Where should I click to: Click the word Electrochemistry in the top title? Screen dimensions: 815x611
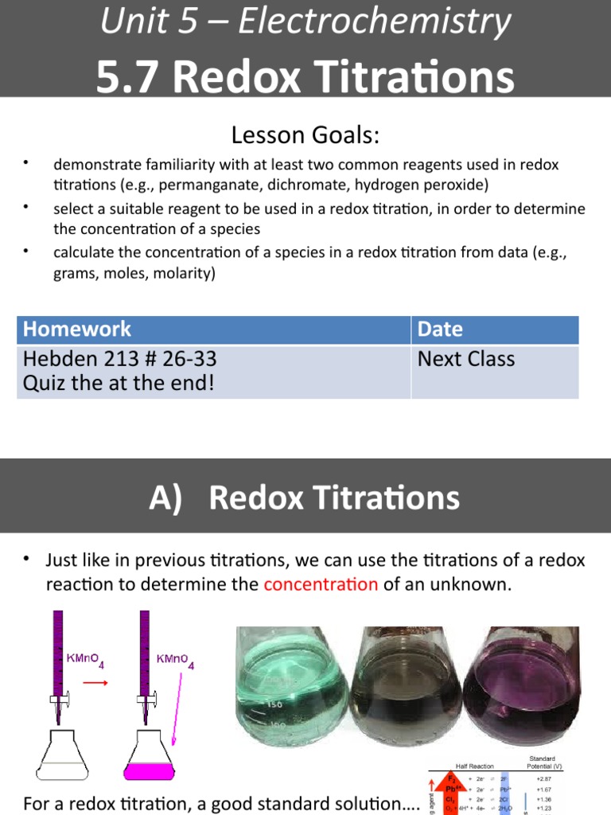(374, 21)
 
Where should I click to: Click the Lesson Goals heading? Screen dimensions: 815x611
(305, 135)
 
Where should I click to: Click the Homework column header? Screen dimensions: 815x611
(77, 330)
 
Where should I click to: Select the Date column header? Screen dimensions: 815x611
(440, 330)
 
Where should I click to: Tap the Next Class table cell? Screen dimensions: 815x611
(466, 359)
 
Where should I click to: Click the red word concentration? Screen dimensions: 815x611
(321, 584)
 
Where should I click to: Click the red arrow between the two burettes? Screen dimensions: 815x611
(95, 683)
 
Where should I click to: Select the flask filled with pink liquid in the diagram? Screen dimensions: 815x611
(149, 757)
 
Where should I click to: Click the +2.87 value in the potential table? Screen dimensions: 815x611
(543, 779)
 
